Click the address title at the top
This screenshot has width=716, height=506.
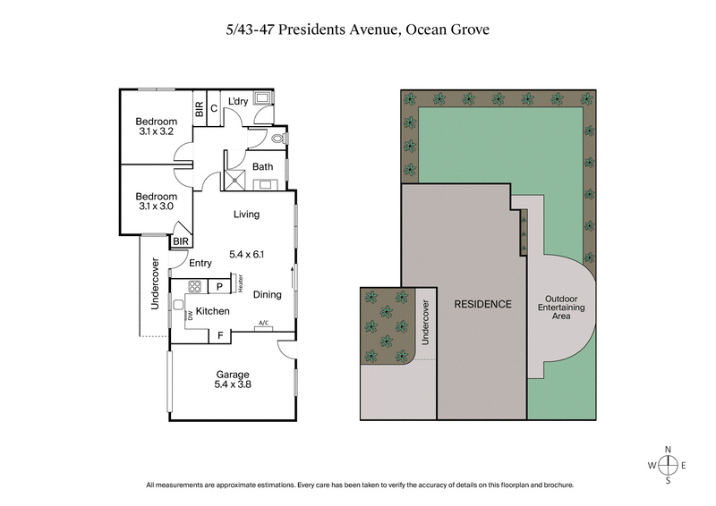tap(357, 29)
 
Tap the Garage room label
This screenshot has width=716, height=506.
tap(232, 375)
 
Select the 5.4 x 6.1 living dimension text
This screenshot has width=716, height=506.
tap(248, 254)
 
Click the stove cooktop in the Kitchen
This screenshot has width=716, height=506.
tap(194, 286)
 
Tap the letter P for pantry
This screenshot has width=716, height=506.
tap(219, 286)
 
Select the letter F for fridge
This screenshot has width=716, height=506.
tap(219, 335)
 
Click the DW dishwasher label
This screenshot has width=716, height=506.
tap(179, 315)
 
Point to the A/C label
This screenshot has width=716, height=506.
tap(263, 323)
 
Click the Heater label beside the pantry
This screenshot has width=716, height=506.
tap(241, 283)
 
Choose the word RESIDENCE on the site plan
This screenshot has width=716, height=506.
tap(482, 304)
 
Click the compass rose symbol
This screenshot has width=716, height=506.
tap(667, 465)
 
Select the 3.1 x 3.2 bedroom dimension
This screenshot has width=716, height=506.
tap(156, 132)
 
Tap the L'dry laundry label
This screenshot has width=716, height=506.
tap(238, 101)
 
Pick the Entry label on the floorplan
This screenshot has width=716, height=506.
tap(200, 263)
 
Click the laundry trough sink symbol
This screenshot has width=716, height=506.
tap(265, 99)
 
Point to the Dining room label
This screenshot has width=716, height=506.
tap(268, 294)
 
